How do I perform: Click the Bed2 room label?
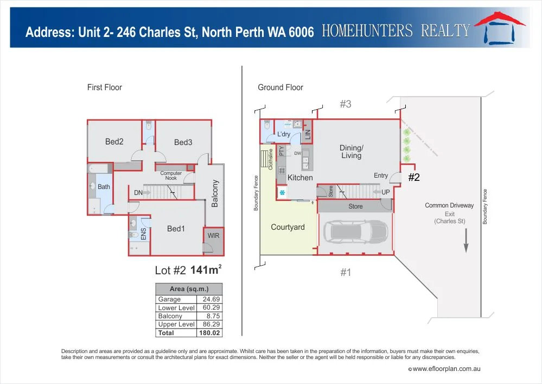point(114,142)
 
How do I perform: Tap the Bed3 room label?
point(183,142)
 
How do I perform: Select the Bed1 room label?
point(176,229)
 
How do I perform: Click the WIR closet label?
point(213,236)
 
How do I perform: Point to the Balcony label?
point(215,193)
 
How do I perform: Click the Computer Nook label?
point(171,176)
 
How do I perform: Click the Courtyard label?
point(288,227)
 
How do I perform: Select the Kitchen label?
point(300,178)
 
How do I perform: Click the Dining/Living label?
point(351,152)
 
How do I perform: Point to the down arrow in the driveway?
point(465,242)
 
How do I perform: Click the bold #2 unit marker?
point(414,177)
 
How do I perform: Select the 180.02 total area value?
point(210,332)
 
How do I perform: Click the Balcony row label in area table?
point(170,316)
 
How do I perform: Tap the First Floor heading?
point(105,87)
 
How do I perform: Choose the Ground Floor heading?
point(280,87)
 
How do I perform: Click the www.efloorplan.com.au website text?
point(447,369)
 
